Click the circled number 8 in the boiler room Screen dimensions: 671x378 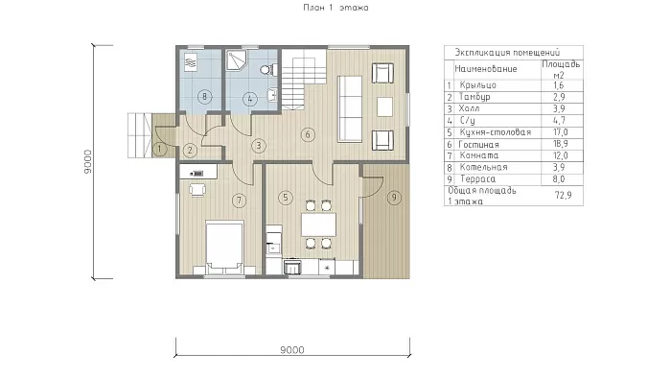[204, 97]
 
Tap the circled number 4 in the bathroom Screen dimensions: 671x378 [249, 100]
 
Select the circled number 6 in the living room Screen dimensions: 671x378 [308, 135]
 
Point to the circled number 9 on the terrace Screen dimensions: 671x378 [394, 198]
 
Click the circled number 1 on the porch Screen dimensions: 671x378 [160, 149]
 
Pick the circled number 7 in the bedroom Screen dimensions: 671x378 [240, 200]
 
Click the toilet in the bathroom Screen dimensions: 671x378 [267, 70]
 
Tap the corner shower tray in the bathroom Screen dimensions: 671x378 [236, 60]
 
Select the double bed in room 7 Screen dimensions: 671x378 [224, 247]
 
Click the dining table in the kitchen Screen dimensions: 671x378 [318, 224]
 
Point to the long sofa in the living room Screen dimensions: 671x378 [350, 108]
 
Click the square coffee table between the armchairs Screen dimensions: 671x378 [384, 107]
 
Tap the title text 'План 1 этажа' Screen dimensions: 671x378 [335, 8]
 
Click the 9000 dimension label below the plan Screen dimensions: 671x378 [292, 350]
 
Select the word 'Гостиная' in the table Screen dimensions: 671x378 [479, 145]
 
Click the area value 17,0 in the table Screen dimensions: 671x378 [560, 132]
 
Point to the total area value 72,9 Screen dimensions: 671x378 [564, 195]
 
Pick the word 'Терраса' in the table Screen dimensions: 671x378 [477, 179]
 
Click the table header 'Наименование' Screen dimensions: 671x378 [486, 69]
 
